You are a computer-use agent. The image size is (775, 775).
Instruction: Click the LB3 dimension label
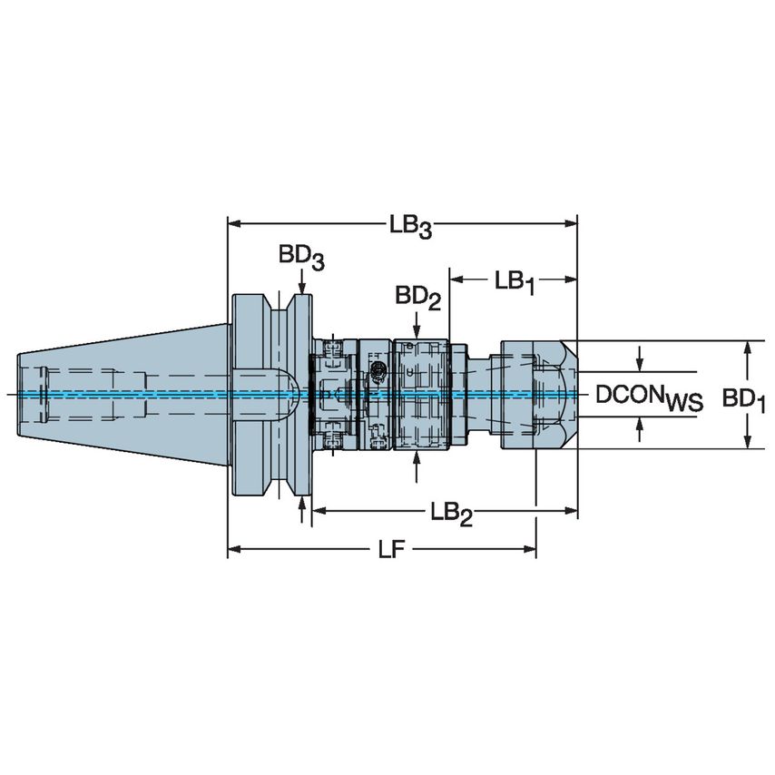pyautogui.click(x=411, y=226)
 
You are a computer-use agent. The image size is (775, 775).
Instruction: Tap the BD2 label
pyautogui.click(x=417, y=298)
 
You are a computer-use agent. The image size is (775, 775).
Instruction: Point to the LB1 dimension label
pyautogui.click(x=515, y=282)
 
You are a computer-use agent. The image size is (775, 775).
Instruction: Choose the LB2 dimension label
pyautogui.click(x=452, y=514)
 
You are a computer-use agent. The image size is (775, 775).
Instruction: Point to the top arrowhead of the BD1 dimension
pyautogui.click(x=747, y=348)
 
